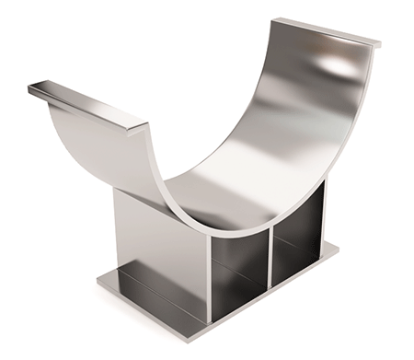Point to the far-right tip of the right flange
pyautogui.click(x=379, y=43)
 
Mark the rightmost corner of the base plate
pyautogui.click(x=339, y=247)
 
